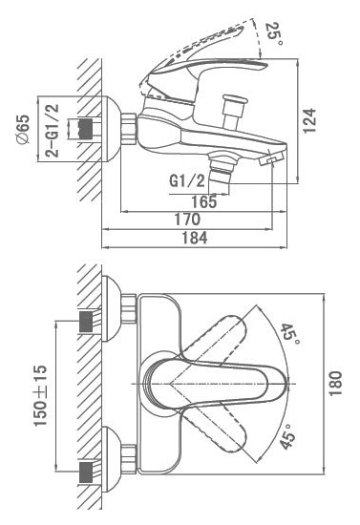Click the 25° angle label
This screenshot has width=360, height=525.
[274, 34]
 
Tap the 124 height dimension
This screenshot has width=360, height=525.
[309, 120]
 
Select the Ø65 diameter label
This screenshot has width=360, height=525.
[24, 130]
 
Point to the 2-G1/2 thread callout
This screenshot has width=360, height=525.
[52, 130]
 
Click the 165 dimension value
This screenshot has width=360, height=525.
[204, 202]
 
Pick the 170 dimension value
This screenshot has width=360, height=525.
[187, 220]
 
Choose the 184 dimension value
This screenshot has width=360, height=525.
[195, 238]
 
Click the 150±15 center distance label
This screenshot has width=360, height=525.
[40, 396]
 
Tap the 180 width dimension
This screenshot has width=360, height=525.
[335, 384]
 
